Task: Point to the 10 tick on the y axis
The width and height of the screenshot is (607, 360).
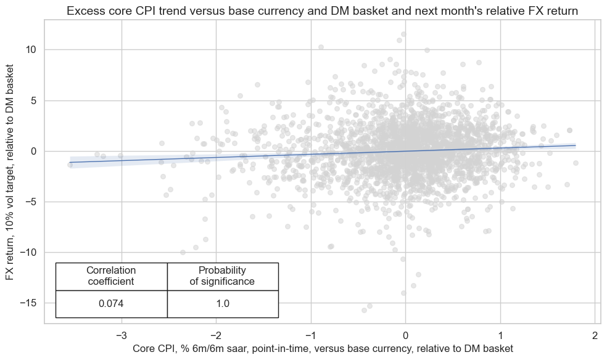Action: pos(31,49)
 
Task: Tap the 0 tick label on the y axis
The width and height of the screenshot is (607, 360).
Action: pos(34,151)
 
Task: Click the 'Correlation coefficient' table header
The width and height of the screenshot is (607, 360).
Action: pos(111,276)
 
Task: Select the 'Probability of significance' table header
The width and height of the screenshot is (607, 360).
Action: pos(222,276)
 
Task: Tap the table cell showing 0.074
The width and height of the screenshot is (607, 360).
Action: pos(111,304)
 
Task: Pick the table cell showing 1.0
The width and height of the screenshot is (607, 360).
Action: pos(222,304)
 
